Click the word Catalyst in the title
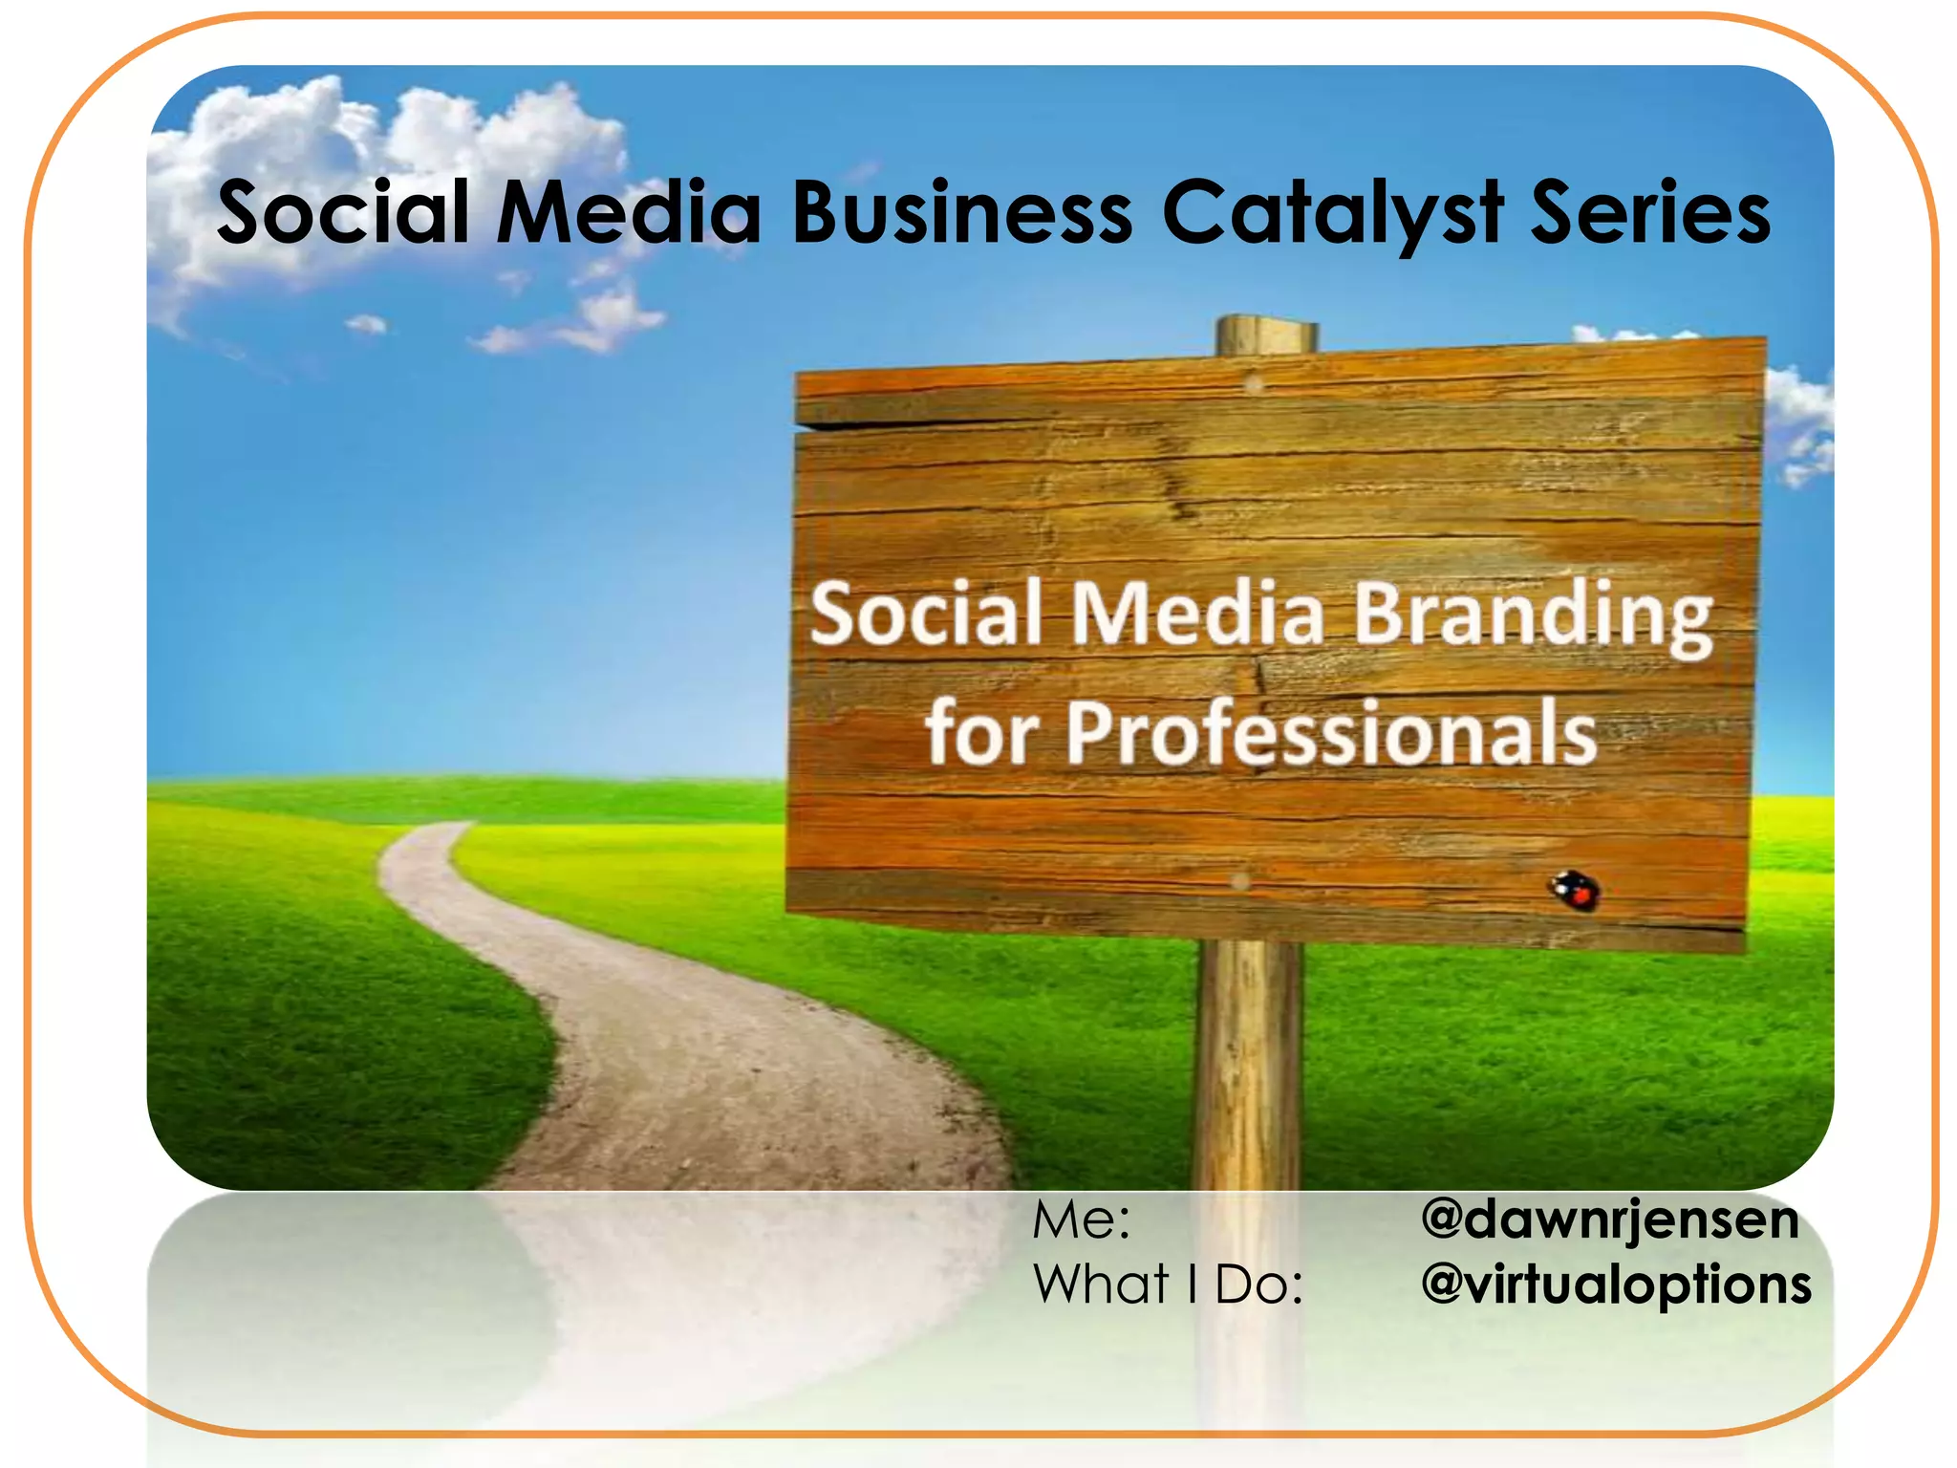(1332, 212)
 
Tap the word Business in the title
(961, 212)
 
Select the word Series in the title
(1650, 212)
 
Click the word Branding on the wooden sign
(1533, 617)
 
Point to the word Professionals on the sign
(1330, 734)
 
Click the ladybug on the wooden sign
(1575, 891)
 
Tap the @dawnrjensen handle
(1609, 1220)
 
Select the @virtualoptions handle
(1616, 1284)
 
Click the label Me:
(1081, 1220)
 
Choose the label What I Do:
(1168, 1284)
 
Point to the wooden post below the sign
(1248, 1051)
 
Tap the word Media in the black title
(628, 212)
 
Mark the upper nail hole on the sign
(1255, 384)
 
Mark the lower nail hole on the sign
(1240, 881)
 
